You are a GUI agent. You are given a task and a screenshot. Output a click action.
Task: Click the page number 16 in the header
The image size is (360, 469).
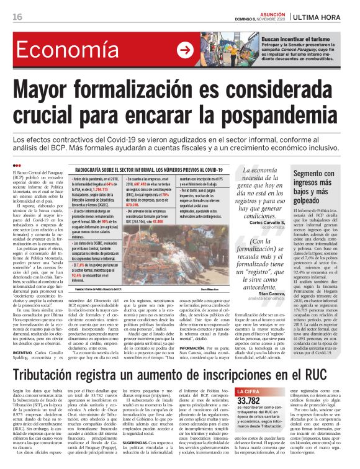pos(17,17)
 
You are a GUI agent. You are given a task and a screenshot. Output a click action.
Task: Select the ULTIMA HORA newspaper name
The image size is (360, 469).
pos(326,17)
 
